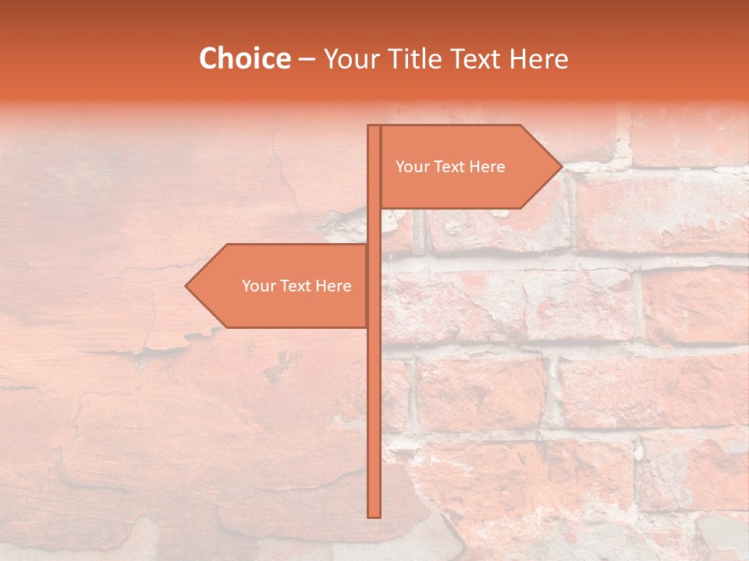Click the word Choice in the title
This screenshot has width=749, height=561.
[x=244, y=58]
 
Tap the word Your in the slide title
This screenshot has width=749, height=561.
[x=350, y=59]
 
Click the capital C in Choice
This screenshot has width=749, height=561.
[x=209, y=58]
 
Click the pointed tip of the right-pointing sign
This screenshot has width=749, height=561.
[x=561, y=166]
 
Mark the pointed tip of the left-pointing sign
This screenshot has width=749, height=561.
[x=186, y=286]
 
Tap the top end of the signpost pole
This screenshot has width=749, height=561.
[x=374, y=126]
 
